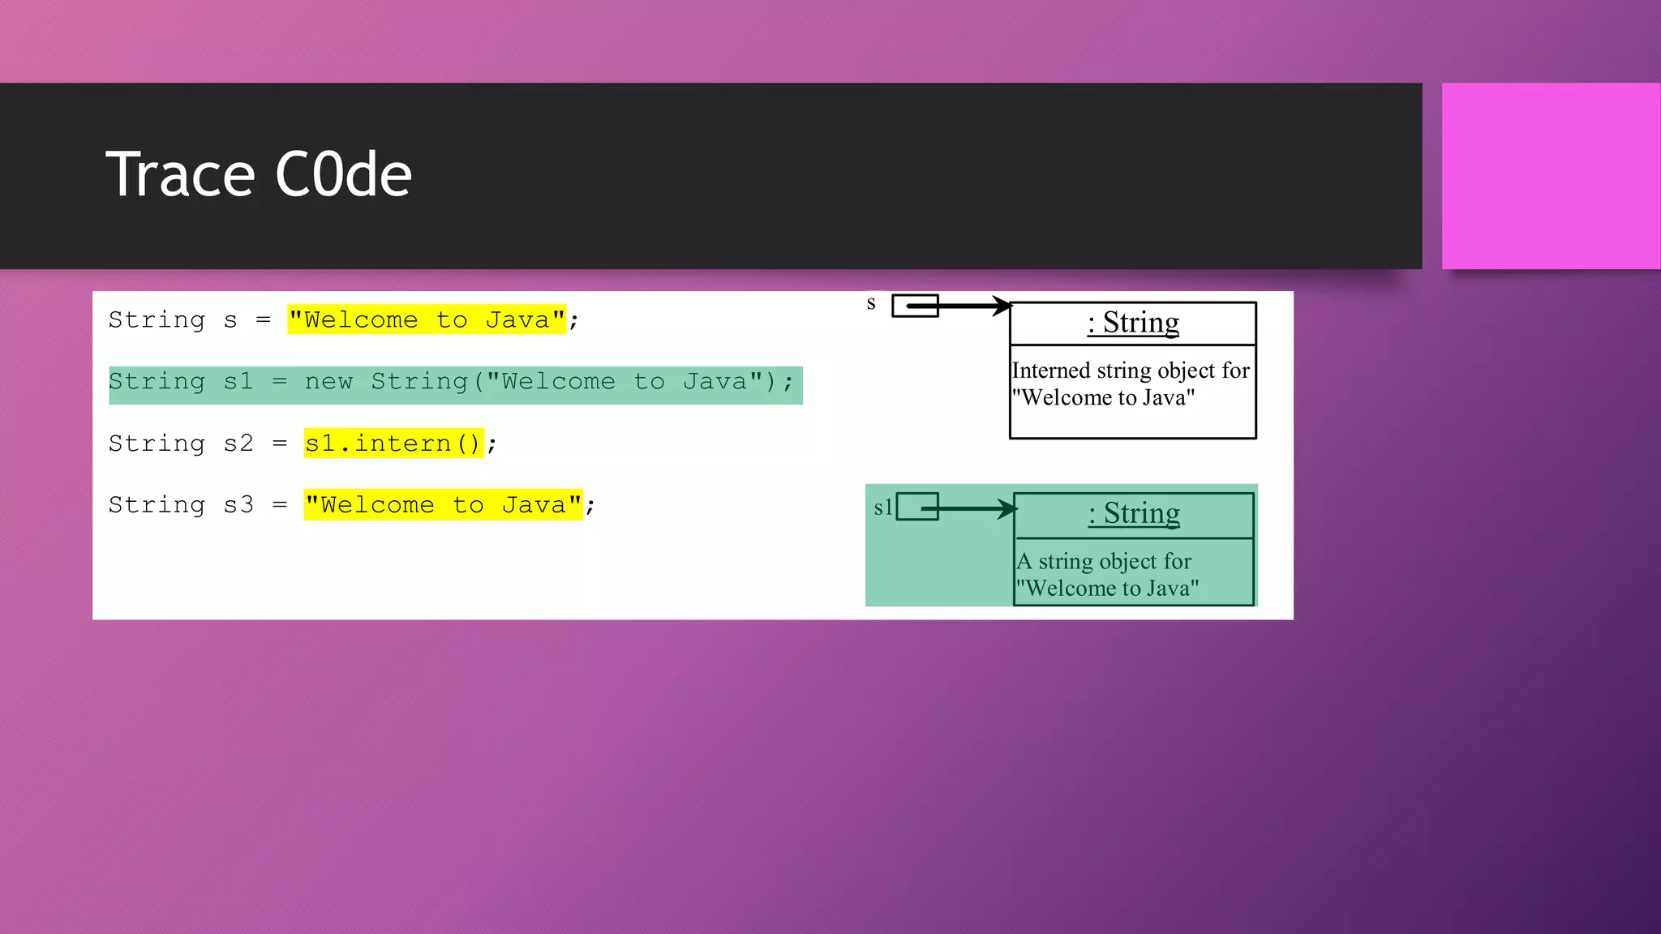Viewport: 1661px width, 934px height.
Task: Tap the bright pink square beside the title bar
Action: (x=1550, y=176)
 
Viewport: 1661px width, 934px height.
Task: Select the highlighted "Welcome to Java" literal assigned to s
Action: (x=427, y=319)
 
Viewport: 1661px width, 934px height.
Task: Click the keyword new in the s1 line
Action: (x=328, y=382)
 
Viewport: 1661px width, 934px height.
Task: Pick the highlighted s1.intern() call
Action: (x=393, y=443)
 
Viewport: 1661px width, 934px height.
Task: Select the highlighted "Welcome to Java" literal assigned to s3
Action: (x=443, y=505)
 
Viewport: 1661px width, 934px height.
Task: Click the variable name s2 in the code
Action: (x=238, y=443)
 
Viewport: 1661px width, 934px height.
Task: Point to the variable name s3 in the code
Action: (x=238, y=505)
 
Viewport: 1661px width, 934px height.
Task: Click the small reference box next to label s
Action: (x=914, y=306)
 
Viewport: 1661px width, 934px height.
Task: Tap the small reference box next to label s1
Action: (x=917, y=507)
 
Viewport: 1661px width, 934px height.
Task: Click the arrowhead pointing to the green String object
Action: (x=1007, y=508)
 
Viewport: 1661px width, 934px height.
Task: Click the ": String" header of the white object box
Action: (x=1133, y=323)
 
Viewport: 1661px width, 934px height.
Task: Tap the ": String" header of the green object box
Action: (x=1134, y=514)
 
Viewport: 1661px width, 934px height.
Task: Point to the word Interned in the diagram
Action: (x=1051, y=371)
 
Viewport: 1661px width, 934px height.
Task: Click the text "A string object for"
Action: (x=1104, y=561)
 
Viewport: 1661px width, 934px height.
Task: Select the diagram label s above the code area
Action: (x=871, y=303)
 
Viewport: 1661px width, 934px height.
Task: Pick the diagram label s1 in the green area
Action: (x=882, y=508)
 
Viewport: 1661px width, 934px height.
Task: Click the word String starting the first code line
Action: (x=157, y=319)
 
